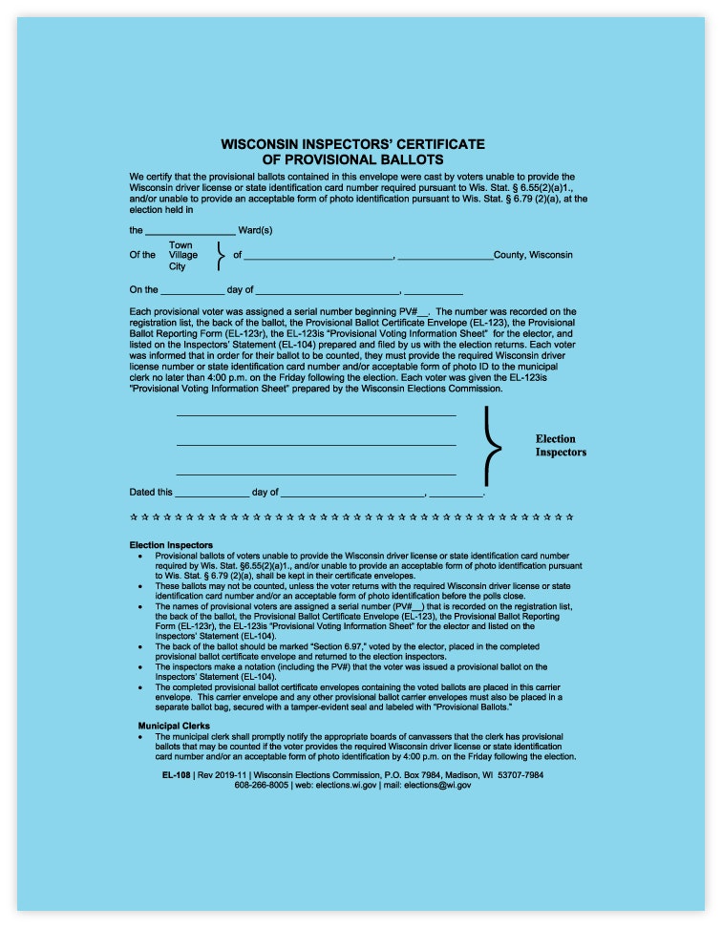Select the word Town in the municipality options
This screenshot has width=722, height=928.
pos(180,245)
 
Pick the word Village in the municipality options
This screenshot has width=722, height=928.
pos(183,256)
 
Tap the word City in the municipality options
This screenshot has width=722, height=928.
pos(178,266)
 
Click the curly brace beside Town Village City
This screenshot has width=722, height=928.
pos(221,256)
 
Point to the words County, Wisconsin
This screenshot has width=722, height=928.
pos(534,255)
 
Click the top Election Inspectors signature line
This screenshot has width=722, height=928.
pos(316,415)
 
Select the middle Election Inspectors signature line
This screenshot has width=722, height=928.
pos(316,445)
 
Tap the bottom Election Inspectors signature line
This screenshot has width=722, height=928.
pos(316,475)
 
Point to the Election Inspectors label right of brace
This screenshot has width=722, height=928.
pos(561,446)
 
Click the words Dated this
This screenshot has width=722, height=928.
pos(151,493)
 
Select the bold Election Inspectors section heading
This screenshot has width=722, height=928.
pos(171,545)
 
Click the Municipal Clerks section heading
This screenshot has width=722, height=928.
pos(174,727)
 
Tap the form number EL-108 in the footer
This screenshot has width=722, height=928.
pos(176,774)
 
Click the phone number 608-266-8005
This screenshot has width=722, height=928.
pos(262,785)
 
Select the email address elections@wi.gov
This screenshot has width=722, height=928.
pos(437,785)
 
